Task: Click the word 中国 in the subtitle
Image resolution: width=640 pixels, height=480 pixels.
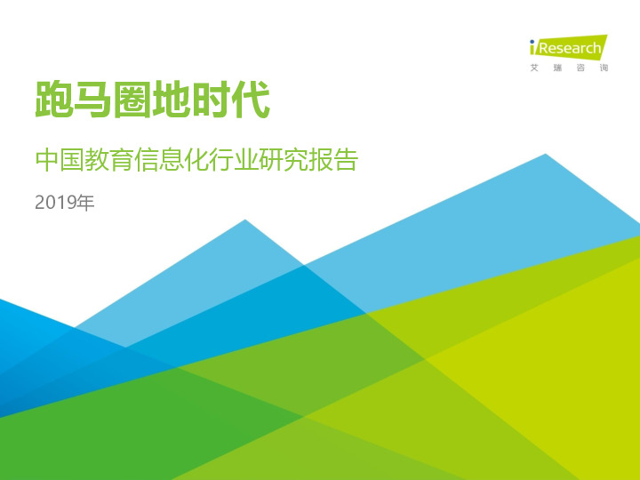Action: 59,162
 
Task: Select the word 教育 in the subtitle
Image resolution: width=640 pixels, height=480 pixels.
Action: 108,162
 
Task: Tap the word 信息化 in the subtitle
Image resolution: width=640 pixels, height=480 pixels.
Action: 171,162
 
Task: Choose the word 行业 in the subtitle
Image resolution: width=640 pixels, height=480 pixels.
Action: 233,162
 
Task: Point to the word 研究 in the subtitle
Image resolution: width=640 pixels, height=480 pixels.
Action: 283,162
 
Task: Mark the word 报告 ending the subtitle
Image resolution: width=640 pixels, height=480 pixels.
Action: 332,162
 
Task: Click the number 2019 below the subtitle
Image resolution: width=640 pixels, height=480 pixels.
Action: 54,204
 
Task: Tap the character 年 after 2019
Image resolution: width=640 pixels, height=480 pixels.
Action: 84,204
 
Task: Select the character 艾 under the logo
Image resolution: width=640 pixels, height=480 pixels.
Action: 534,68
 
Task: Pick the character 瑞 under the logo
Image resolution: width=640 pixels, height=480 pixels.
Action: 558,68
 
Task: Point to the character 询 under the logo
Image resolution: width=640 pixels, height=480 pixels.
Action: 604,68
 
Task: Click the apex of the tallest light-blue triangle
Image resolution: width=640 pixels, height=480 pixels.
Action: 546,155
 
